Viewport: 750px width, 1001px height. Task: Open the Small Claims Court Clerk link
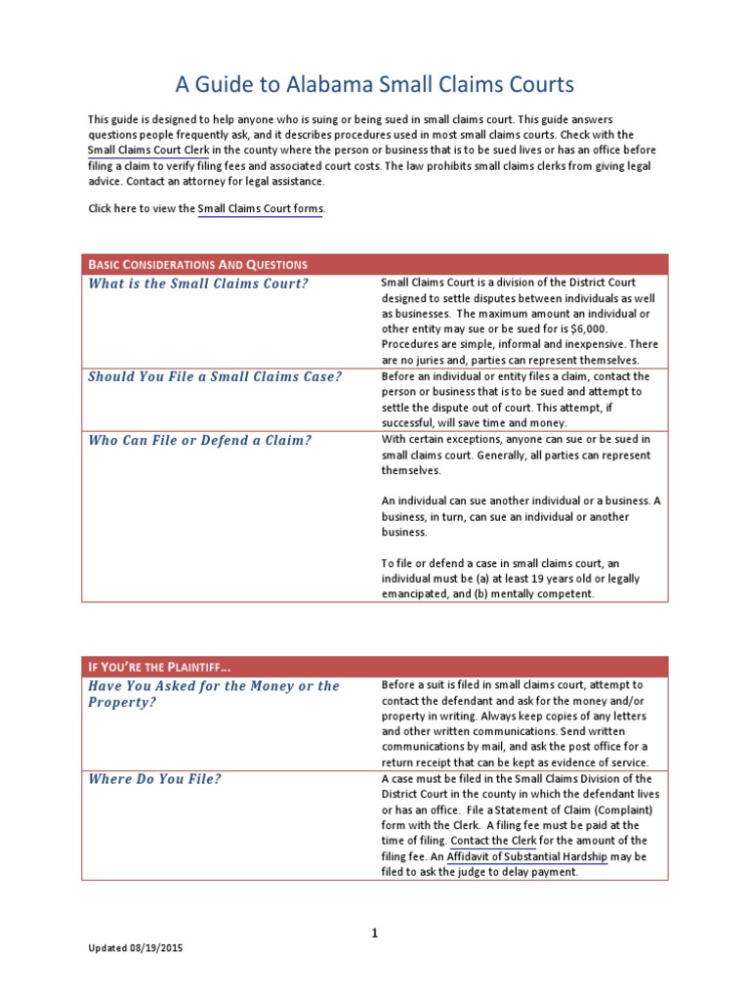click(x=148, y=151)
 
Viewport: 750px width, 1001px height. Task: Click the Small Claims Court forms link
click(x=260, y=208)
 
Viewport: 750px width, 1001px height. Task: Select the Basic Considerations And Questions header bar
click(x=375, y=264)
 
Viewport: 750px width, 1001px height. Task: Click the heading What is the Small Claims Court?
click(x=198, y=283)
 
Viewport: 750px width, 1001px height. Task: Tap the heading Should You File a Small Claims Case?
click(x=215, y=376)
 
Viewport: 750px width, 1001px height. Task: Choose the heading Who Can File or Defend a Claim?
click(x=200, y=440)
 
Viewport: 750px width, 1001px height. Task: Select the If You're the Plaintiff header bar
click(x=375, y=667)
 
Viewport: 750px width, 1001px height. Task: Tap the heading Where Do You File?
click(x=154, y=779)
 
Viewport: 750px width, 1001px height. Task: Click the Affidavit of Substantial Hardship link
click(x=527, y=856)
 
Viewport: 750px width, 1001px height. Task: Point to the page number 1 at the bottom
click(x=374, y=933)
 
